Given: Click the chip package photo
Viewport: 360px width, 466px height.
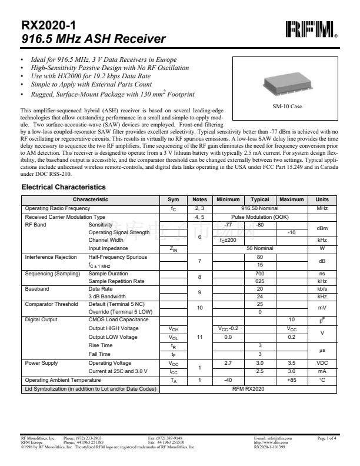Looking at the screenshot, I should tap(287, 83).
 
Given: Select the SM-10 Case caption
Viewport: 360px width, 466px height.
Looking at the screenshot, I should tap(287, 106).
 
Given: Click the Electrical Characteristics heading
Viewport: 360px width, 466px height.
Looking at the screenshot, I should tap(64, 187).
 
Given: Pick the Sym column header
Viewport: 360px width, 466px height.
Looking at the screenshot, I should tap(174, 200).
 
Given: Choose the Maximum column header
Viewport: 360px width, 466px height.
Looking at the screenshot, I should tap(291, 200).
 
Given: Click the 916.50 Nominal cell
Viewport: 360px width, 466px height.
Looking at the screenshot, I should tap(259, 208).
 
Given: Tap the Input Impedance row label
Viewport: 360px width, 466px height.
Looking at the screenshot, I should tap(108, 248).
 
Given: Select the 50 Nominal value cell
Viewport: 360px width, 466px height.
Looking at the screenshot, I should tap(259, 248).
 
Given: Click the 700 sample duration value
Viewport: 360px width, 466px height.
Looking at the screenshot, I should tap(259, 274).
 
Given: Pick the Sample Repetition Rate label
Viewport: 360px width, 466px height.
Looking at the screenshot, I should tap(116, 281).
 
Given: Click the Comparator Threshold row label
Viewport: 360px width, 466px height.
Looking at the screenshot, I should tap(51, 304).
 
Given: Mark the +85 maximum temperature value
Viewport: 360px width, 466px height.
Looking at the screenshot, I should tap(291, 381).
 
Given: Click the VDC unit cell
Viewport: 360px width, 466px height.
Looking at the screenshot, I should tap(322, 364).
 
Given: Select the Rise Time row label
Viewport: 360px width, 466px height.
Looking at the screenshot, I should tap(100, 345).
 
